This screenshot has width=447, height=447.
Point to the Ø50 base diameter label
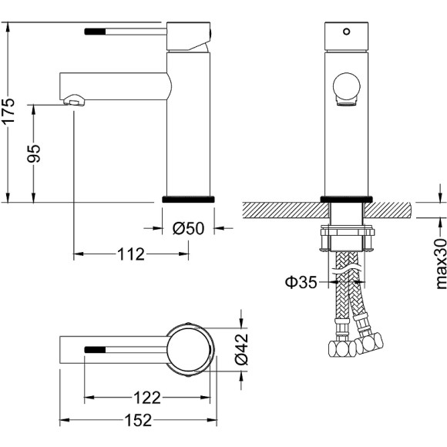(x=187, y=228)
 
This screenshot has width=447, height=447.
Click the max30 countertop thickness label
(x=440, y=263)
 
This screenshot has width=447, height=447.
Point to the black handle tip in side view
(x=94, y=32)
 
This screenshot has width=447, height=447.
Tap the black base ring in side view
(x=187, y=199)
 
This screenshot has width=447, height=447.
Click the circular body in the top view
(x=188, y=348)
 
